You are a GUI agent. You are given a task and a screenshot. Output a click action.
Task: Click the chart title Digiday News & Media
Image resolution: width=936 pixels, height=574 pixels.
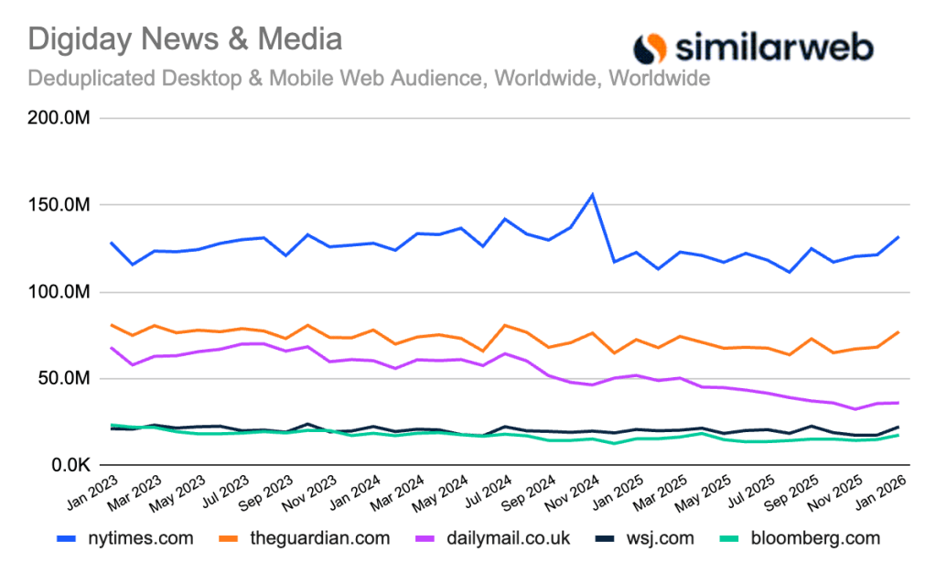(186, 39)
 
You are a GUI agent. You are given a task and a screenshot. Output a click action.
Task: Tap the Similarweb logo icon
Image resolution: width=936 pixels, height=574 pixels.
(651, 47)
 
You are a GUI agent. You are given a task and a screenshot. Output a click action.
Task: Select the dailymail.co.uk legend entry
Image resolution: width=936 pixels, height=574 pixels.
(494, 538)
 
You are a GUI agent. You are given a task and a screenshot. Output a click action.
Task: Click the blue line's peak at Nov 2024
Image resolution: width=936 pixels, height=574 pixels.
(593, 195)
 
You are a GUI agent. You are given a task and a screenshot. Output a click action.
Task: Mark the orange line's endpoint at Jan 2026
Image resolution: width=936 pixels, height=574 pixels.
(898, 331)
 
